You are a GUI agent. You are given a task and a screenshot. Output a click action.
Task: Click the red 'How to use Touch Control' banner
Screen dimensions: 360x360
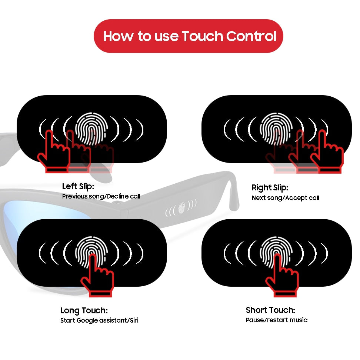189,36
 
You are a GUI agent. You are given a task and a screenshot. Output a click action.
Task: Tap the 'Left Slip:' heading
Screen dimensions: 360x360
78,186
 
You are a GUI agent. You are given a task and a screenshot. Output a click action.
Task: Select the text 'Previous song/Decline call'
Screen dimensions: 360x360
101,196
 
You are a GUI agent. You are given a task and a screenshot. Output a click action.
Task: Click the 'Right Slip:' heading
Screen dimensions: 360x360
270,187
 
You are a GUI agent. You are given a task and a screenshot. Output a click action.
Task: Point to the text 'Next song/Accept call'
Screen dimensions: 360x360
285,198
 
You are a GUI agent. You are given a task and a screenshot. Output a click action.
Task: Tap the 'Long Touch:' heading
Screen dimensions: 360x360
84,310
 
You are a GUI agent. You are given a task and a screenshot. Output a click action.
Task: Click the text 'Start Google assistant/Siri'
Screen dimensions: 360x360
99,320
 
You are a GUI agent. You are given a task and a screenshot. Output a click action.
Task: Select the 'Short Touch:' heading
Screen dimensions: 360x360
270,310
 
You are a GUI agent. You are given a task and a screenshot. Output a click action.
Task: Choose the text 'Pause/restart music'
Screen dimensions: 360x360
277,320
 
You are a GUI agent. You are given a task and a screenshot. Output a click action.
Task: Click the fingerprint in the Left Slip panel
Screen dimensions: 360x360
91,128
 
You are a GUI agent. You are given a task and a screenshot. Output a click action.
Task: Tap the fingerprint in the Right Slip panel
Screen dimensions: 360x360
276,128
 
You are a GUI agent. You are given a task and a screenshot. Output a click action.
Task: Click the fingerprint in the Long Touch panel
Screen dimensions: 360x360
91,252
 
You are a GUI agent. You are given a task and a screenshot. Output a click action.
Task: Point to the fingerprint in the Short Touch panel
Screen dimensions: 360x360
276,252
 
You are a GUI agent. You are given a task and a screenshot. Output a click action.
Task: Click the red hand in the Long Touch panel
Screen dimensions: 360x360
97,276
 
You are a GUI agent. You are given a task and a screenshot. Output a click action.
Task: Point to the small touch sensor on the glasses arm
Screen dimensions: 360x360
181,208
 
